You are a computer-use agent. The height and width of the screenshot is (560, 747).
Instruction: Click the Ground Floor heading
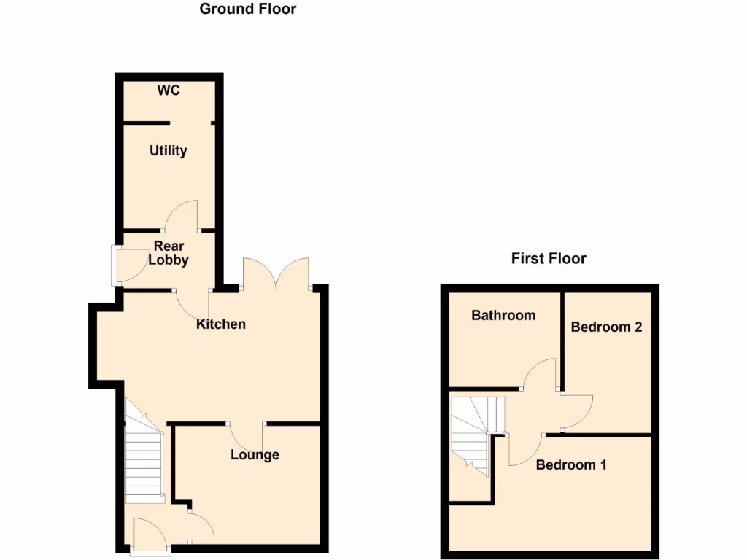[248, 9]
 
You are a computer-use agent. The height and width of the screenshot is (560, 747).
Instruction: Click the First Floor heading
[549, 258]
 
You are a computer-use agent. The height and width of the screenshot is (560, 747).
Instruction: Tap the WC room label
[169, 90]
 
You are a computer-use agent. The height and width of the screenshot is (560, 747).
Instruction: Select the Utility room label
[169, 151]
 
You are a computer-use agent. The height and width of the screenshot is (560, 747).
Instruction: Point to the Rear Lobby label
[169, 253]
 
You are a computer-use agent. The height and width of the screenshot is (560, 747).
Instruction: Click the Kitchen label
[221, 324]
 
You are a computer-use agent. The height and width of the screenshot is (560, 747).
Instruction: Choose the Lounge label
[255, 455]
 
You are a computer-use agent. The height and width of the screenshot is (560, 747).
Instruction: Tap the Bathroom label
[503, 315]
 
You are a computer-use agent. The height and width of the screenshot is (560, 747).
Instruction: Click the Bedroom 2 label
[606, 327]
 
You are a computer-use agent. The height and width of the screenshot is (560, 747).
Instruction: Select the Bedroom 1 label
[571, 464]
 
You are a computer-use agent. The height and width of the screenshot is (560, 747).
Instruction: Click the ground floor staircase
[143, 459]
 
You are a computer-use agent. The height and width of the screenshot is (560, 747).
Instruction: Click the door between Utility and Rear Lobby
[183, 217]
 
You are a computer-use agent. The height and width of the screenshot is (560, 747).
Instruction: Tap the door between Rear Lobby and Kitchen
[192, 306]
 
